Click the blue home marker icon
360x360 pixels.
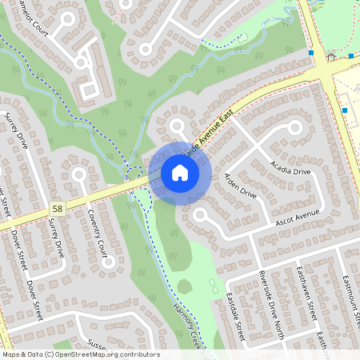(180, 172)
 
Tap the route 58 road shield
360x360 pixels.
(56, 207)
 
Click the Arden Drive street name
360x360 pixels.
(240, 185)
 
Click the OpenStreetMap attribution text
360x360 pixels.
(80, 354)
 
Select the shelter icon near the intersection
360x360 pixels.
(331, 56)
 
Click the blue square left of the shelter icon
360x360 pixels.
(311, 54)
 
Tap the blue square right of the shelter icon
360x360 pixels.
(351, 56)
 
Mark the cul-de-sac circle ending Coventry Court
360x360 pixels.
(79, 174)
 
